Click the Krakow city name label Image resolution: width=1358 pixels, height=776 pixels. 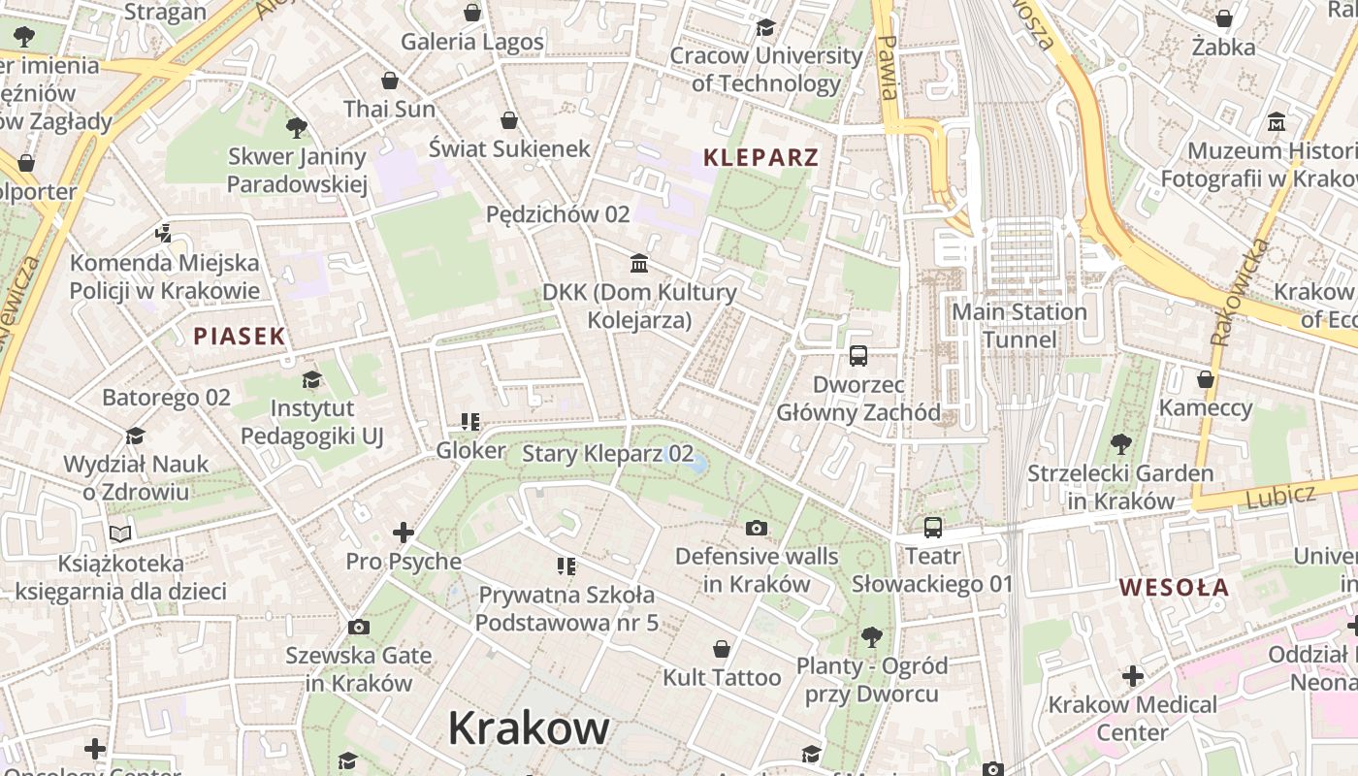(x=529, y=727)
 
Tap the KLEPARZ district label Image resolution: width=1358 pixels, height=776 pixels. (x=760, y=157)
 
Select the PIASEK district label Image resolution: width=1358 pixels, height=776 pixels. (x=240, y=337)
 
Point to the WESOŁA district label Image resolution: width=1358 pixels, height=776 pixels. (x=1174, y=587)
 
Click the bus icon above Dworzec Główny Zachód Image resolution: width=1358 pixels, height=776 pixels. (x=858, y=355)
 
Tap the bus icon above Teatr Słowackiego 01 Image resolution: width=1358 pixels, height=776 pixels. (x=932, y=528)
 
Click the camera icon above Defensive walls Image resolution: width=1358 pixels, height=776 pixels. (x=757, y=528)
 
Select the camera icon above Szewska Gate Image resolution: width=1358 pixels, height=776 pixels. (x=358, y=628)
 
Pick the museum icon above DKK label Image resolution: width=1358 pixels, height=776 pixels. (x=639, y=263)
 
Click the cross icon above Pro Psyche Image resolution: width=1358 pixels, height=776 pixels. (x=404, y=533)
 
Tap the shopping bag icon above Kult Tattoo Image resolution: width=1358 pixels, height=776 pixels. (x=722, y=648)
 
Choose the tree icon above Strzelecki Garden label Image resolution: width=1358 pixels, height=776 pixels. (x=1120, y=445)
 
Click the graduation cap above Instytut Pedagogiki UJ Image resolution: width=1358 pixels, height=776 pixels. (x=311, y=379)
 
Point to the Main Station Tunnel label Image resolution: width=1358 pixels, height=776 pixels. (x=1019, y=325)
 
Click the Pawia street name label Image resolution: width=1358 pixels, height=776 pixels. (x=886, y=68)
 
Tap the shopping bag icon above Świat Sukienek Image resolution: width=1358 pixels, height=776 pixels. (x=509, y=120)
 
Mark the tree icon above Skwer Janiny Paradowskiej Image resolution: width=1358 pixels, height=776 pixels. (x=297, y=127)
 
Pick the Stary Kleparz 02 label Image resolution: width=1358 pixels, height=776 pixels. (x=608, y=454)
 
